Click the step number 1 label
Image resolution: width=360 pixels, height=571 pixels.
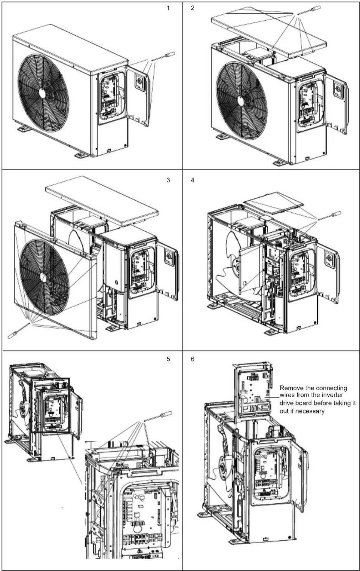[168, 8]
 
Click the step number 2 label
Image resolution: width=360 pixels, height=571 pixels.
[192, 8]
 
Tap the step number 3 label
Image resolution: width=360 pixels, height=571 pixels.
[168, 180]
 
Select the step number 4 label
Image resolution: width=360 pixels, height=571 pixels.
[192, 180]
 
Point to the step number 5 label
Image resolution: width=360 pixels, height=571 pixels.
[168, 359]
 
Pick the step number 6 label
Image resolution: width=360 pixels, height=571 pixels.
[192, 359]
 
